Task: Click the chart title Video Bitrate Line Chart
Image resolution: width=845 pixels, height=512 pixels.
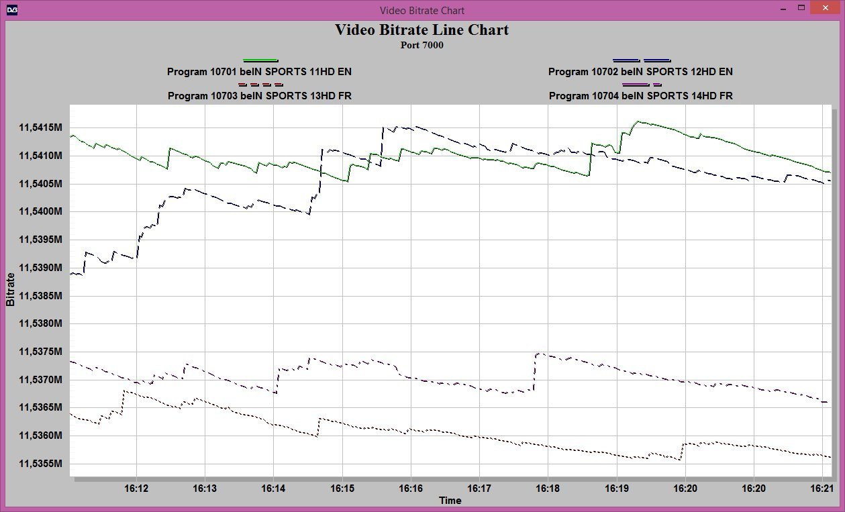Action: coord(421,30)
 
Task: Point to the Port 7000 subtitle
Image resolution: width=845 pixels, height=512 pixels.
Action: coord(421,46)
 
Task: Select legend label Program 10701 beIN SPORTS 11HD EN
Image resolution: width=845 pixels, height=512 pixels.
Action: coord(259,72)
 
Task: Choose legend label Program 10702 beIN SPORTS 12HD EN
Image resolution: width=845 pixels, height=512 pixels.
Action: coord(640,72)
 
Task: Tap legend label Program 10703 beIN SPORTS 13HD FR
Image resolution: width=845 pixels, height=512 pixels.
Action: coord(259,96)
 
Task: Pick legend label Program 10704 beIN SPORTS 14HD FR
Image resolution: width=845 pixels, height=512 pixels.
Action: coord(640,96)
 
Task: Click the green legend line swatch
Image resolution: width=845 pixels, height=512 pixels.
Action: coord(260,60)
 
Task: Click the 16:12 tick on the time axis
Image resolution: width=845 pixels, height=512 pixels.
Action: coord(136,489)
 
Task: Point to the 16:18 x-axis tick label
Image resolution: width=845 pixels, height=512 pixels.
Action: coord(548,489)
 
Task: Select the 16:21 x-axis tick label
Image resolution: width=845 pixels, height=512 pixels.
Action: coord(822,489)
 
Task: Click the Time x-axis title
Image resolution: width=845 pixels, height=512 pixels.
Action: coord(450,501)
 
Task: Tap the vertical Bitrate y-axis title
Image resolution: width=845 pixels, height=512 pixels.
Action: coord(11,289)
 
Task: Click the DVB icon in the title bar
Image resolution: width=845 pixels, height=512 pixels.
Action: coord(12,9)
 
